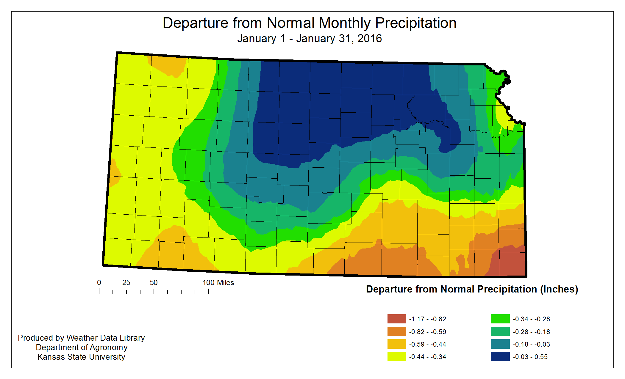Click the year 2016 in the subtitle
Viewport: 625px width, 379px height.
pos(369,39)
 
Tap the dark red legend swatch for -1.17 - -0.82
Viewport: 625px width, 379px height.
pos(396,319)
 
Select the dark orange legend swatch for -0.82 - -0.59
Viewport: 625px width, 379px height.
pos(396,331)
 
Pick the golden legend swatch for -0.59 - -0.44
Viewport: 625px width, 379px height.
pos(396,344)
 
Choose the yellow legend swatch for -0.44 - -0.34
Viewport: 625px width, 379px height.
pos(396,357)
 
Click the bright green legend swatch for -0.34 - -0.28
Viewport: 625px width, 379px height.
pos(500,319)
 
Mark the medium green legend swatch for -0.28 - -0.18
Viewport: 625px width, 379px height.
pos(500,331)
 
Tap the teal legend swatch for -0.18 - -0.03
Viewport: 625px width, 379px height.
pos(500,344)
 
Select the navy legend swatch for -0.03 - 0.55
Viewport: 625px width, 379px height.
pos(500,357)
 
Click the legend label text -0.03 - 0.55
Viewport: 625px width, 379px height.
pos(530,357)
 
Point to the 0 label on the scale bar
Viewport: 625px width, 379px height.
pos(99,283)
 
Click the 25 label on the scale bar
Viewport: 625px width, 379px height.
pos(126,283)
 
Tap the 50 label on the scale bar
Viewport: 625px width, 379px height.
pos(154,283)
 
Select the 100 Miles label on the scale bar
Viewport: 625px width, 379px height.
pos(218,283)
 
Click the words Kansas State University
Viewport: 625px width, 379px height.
pos(81,357)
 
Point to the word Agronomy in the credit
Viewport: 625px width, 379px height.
pos(109,347)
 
